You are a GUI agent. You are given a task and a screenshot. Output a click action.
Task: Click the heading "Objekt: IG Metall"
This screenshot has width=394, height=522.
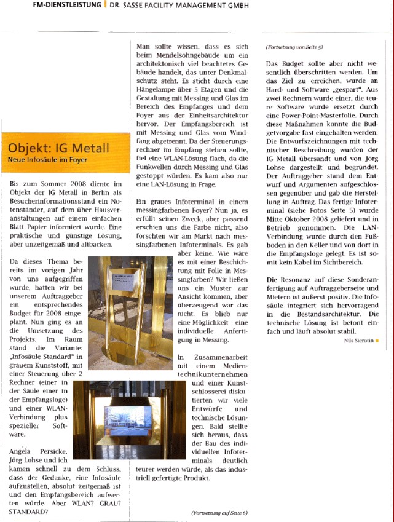pos(59,148)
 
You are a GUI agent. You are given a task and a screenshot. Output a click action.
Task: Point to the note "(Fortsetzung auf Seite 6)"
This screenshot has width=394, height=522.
pos(218,512)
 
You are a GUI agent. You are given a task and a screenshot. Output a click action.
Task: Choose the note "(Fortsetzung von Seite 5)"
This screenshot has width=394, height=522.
pos(294,47)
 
